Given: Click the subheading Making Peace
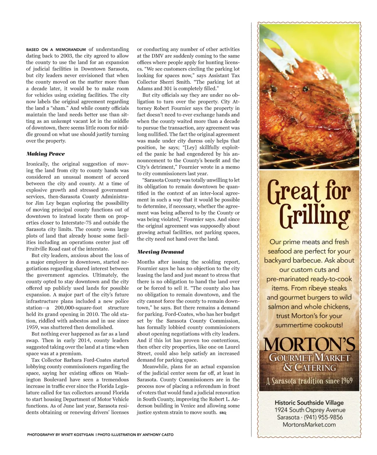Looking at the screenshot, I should [x=45, y=154].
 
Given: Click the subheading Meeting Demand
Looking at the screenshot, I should [x=160, y=252].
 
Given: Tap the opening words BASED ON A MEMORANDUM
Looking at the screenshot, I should [x=56, y=49].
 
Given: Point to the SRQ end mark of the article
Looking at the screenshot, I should [x=223, y=413].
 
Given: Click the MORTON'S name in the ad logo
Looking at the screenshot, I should [x=309, y=345].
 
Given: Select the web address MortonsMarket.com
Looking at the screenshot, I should [x=309, y=424].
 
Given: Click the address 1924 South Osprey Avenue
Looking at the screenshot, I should [x=310, y=410].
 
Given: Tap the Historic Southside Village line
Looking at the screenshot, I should [x=309, y=402].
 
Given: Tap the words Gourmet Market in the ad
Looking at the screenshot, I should [x=309, y=358].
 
